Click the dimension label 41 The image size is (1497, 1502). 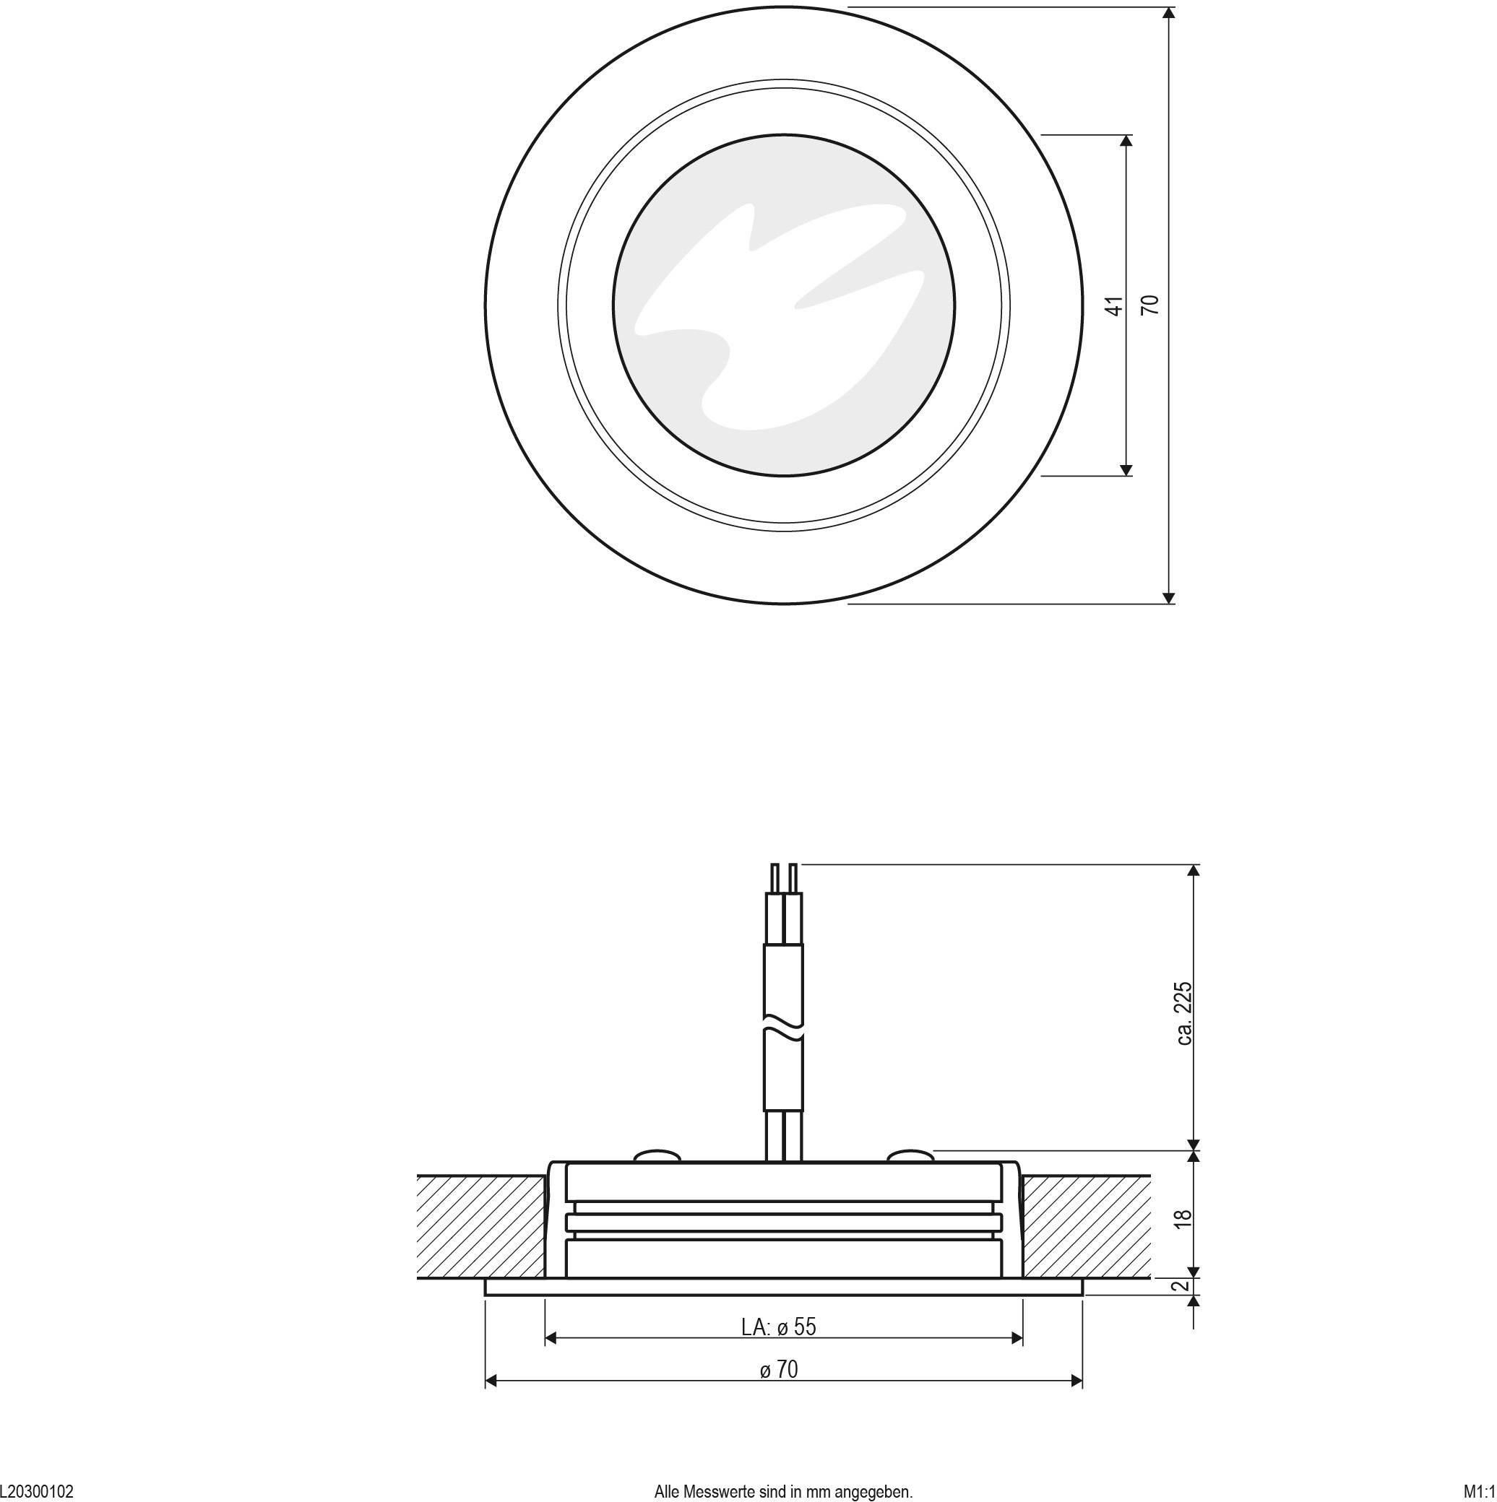pos(1116,305)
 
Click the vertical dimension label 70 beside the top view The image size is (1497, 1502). pos(1150,305)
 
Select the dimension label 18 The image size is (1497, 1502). pos(1183,1218)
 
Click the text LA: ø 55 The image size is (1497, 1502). pos(778,1327)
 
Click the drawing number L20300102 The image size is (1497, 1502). pos(37,1491)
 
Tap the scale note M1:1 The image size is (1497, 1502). pos(1479,1491)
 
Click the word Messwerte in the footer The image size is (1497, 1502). pos(717,1491)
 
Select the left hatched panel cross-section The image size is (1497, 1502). pos(480,1226)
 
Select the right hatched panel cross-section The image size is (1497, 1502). pos(1086,1226)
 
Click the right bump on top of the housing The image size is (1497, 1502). pos(910,1156)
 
